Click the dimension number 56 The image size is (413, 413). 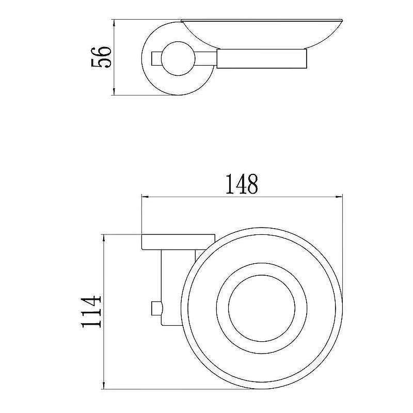pos(101,57)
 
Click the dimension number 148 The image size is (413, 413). pos(242,184)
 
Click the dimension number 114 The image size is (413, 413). pos(91,312)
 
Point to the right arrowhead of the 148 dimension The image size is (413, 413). pos(339,197)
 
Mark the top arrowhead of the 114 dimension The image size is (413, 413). pos(104,239)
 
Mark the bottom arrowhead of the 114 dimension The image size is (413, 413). pos(104,385)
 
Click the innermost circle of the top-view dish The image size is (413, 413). pos(262,276)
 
